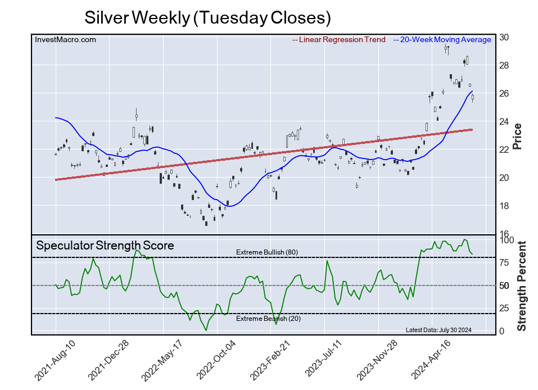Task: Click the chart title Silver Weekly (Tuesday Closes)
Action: click(207, 17)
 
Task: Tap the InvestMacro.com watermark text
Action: click(65, 39)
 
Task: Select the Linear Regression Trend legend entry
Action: click(339, 39)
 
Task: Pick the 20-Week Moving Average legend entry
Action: click(442, 39)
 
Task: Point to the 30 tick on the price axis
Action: click(504, 38)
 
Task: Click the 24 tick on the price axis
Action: click(504, 121)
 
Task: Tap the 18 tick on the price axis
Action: click(504, 206)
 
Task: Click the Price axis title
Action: click(517, 136)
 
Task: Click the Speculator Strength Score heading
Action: click(105, 246)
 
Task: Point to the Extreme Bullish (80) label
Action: click(267, 252)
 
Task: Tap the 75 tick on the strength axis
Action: click(504, 262)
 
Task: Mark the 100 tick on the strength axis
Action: click(507, 240)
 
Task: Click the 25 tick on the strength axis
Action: click(504, 308)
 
